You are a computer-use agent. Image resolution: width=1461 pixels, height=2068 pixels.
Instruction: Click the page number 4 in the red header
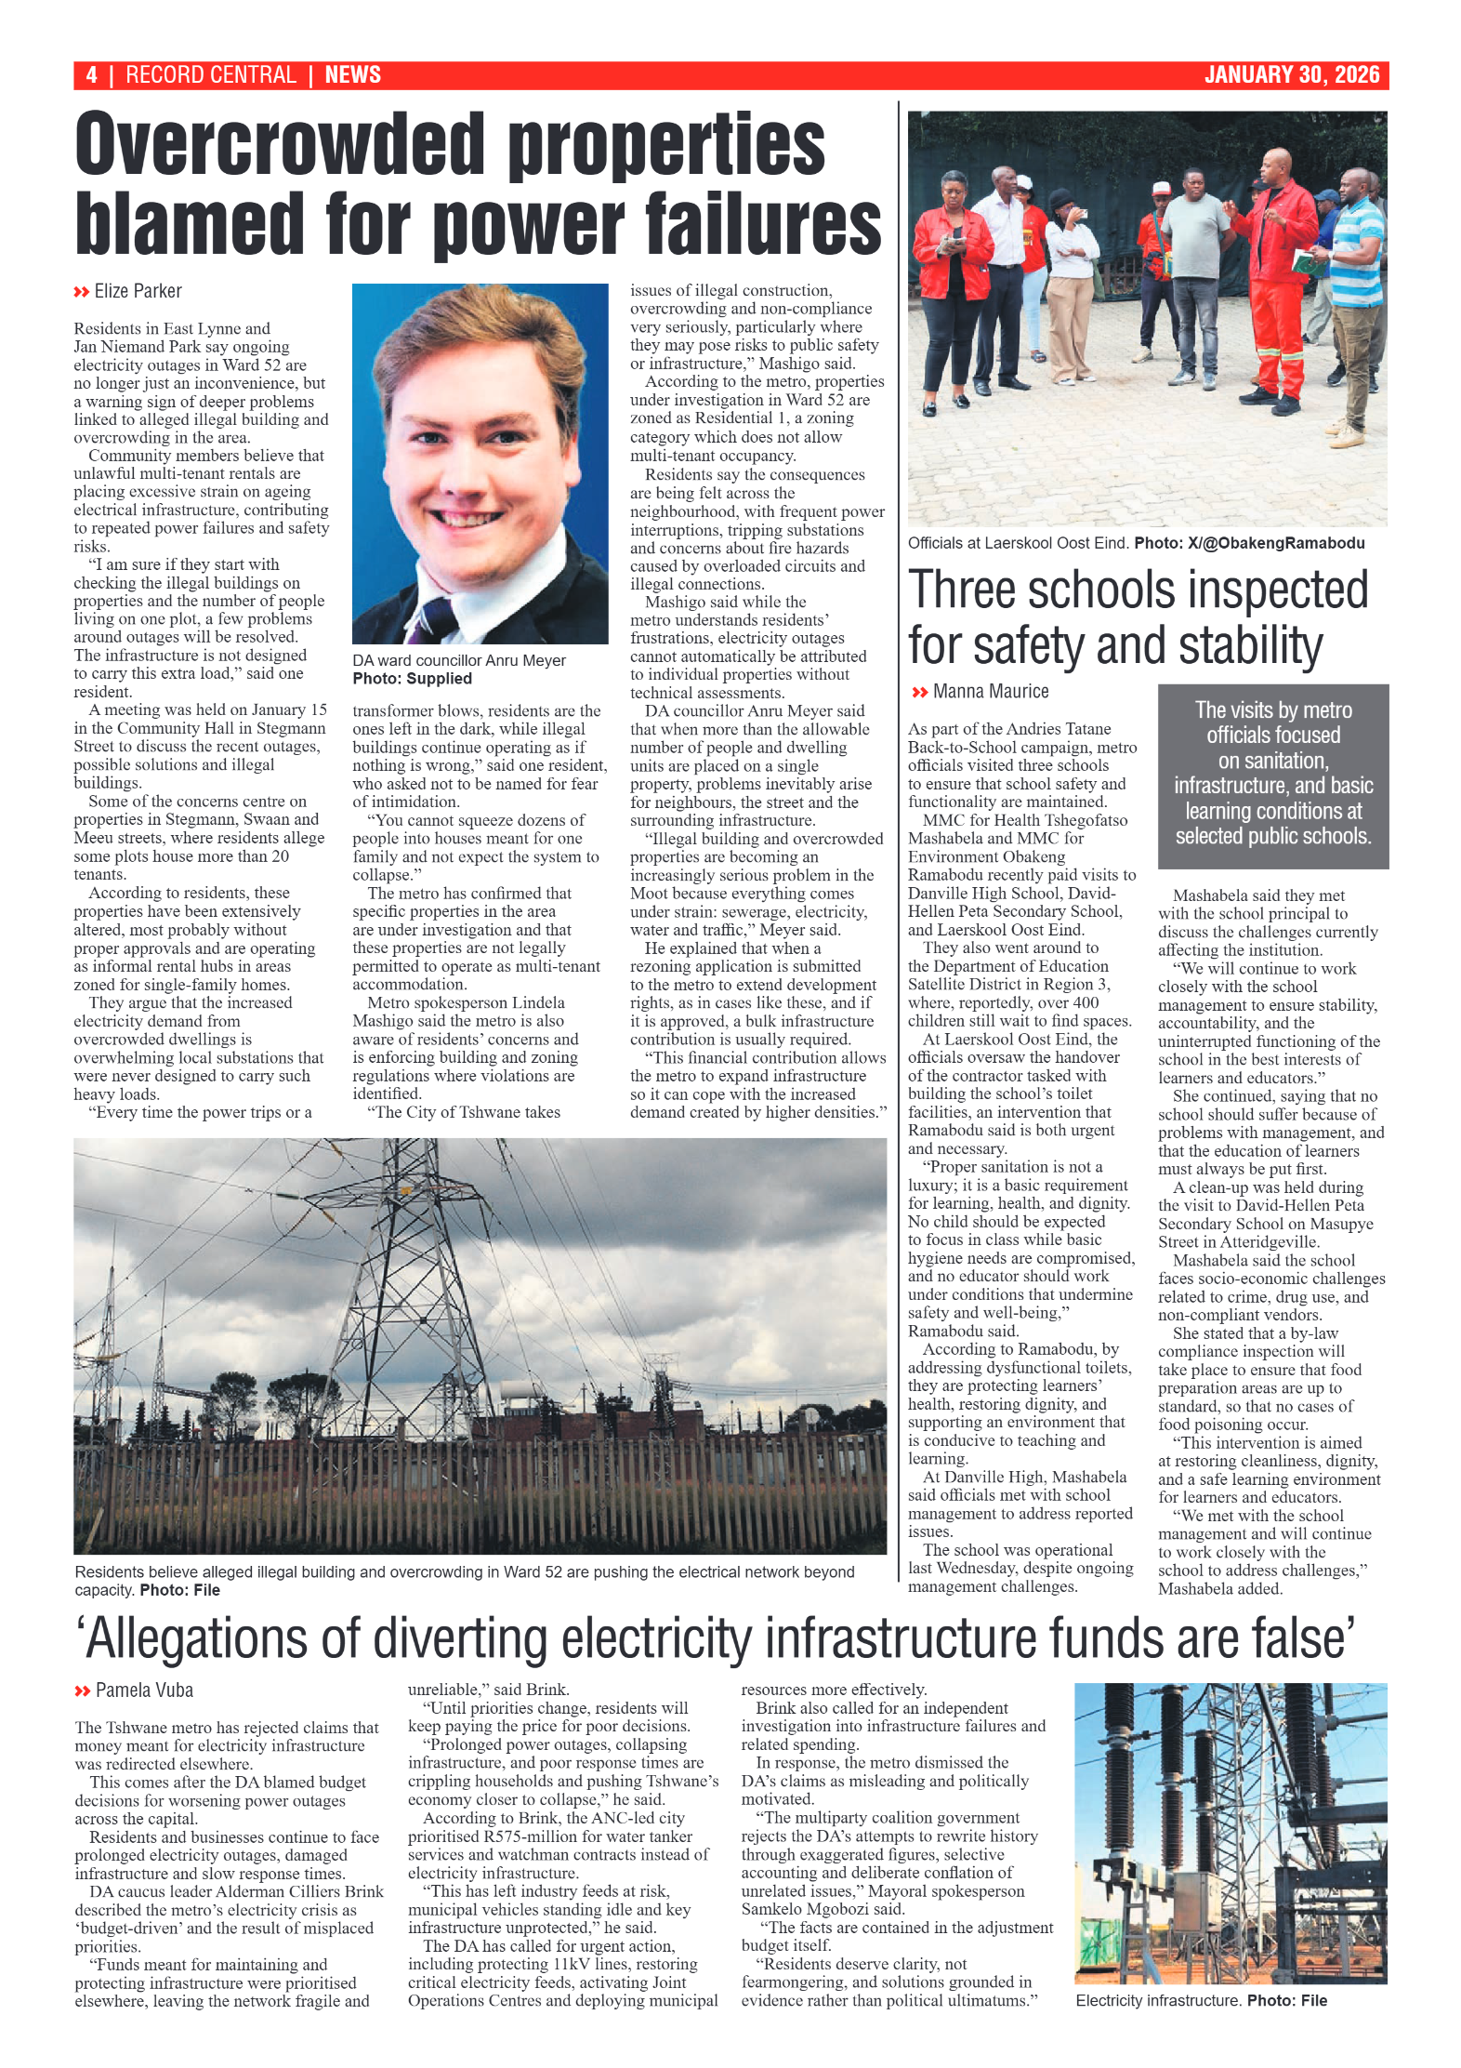pyautogui.click(x=91, y=75)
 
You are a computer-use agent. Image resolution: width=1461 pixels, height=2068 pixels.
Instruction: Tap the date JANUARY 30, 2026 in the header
pyautogui.click(x=1291, y=75)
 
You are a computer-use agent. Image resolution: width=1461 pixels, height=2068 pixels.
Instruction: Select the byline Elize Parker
pyautogui.click(x=138, y=291)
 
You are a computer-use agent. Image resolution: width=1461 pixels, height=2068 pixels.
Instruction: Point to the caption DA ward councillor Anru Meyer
pyautogui.click(x=458, y=660)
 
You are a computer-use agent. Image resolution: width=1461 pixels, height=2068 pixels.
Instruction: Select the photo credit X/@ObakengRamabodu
pyautogui.click(x=1275, y=543)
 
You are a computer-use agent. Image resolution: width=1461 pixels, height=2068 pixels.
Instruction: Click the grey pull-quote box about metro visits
pyautogui.click(x=1272, y=775)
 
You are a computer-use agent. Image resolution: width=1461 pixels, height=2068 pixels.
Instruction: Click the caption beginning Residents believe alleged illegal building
pyautogui.click(x=464, y=1571)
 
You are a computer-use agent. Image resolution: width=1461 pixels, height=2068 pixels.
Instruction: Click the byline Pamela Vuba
pyautogui.click(x=144, y=1690)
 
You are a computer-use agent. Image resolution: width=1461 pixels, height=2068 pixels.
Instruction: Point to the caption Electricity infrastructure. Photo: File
pyautogui.click(x=1200, y=2000)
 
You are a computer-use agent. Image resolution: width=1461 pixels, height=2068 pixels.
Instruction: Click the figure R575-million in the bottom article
pyautogui.click(x=532, y=1836)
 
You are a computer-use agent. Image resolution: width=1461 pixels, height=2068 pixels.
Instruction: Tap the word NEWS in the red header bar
pyautogui.click(x=352, y=75)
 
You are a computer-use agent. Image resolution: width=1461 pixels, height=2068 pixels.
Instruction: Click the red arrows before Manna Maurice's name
pyautogui.click(x=919, y=693)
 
